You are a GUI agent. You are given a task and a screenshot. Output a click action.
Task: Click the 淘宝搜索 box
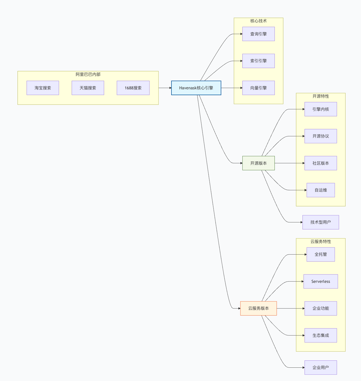click(43, 88)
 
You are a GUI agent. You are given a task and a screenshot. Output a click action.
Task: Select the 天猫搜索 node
click(88, 88)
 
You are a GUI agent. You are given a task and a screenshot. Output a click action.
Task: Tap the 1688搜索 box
click(133, 88)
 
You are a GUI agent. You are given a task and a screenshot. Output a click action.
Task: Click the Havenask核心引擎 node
click(196, 88)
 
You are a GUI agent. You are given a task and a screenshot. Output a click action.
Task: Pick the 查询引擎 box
click(258, 34)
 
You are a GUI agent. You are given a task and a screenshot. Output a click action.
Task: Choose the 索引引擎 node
click(258, 61)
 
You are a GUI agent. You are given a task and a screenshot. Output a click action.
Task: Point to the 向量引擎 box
click(258, 88)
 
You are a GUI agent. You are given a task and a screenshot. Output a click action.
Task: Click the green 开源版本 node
click(258, 163)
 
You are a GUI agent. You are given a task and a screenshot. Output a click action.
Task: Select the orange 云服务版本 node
click(258, 308)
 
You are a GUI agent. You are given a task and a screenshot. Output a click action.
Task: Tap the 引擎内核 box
click(321, 109)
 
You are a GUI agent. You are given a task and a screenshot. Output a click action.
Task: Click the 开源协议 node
click(321, 136)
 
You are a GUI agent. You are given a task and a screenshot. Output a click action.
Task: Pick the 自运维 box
click(321, 190)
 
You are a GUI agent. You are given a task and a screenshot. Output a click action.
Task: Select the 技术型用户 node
click(321, 222)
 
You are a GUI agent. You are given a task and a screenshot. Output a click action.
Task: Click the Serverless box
click(321, 281)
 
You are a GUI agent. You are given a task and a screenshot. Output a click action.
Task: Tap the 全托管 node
click(321, 254)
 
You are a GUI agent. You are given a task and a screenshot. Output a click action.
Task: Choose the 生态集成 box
click(321, 335)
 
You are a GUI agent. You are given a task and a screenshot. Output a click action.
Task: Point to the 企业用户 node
click(321, 367)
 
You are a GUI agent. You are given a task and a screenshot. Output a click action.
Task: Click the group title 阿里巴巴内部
click(88, 74)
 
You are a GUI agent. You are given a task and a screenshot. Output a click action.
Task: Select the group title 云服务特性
click(321, 241)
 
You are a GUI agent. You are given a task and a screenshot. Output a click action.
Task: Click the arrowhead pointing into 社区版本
click(304, 163)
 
